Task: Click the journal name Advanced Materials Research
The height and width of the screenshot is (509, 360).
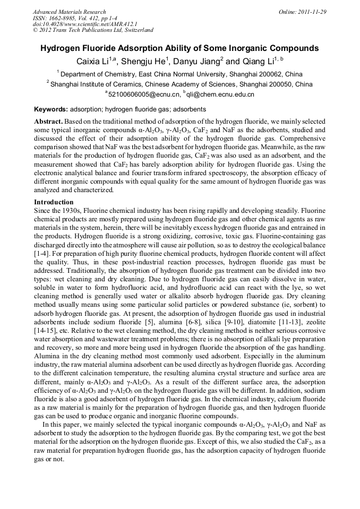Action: [69, 12]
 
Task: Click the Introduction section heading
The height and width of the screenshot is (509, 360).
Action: [54, 202]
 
